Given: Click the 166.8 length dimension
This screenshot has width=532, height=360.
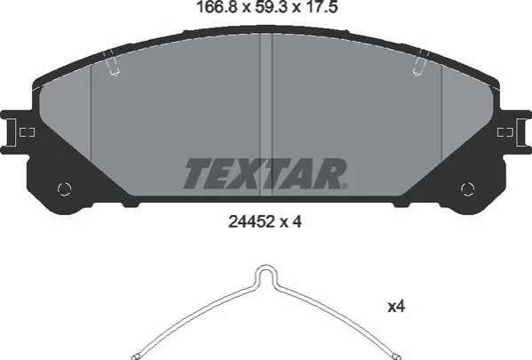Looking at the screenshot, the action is pyautogui.click(x=216, y=7).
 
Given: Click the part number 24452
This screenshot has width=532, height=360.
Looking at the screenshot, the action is pyautogui.click(x=251, y=222).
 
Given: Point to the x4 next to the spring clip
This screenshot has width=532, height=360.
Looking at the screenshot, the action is pyautogui.click(x=396, y=307).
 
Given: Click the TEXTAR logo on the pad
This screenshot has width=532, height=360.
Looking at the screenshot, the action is pyautogui.click(x=266, y=173).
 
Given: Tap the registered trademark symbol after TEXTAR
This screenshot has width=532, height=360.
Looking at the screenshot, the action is pyautogui.click(x=344, y=186).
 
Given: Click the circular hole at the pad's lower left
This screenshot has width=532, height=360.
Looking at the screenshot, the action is pyautogui.click(x=64, y=188).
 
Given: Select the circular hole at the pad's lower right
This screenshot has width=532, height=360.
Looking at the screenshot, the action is pyautogui.click(x=467, y=188).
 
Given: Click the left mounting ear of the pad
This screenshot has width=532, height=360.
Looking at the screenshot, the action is pyautogui.click(x=13, y=132).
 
